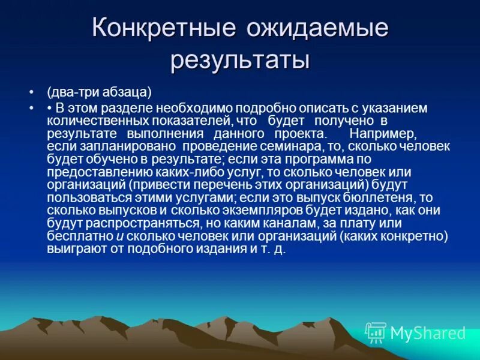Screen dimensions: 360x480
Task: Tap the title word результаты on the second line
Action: [240, 61]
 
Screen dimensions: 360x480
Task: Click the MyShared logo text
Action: [427, 333]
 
